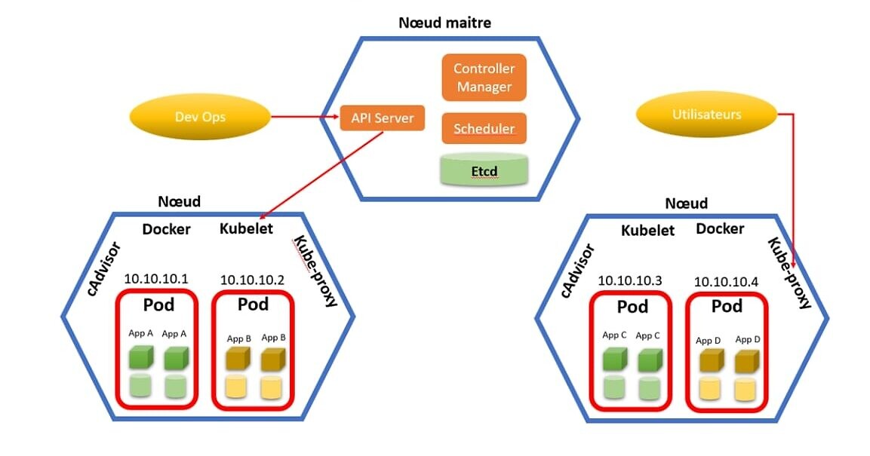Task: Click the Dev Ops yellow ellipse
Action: click(x=200, y=117)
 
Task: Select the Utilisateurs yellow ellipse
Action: click(x=706, y=115)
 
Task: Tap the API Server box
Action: click(x=382, y=118)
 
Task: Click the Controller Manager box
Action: click(x=484, y=78)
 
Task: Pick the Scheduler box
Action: click(x=484, y=129)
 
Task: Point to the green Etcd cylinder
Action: click(x=484, y=170)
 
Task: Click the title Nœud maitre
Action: click(x=444, y=23)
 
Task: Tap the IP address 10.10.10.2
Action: click(x=252, y=280)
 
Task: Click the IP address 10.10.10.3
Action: click(x=630, y=280)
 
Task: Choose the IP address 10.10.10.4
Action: click(x=726, y=281)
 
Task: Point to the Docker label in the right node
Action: click(x=720, y=228)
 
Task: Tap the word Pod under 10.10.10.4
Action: click(x=727, y=306)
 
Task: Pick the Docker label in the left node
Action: click(x=166, y=229)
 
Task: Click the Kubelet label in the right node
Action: click(x=647, y=231)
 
